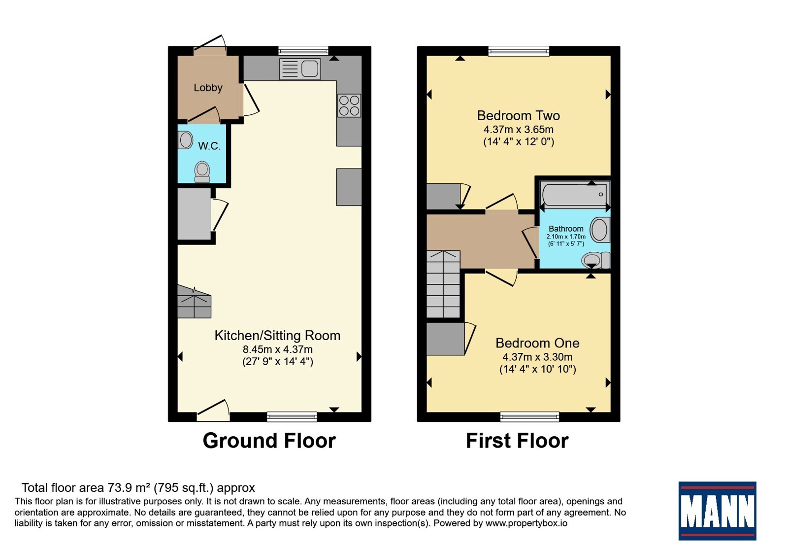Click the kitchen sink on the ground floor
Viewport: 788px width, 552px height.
(x=300, y=69)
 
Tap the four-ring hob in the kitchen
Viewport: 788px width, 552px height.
(x=349, y=105)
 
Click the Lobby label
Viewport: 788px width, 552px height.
(x=208, y=88)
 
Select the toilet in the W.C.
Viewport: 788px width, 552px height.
(x=202, y=172)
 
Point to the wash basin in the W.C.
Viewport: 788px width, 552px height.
(x=185, y=140)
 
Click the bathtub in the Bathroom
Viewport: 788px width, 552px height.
(x=575, y=194)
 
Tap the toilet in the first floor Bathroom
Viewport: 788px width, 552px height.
(x=595, y=261)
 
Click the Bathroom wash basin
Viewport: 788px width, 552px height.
(x=600, y=230)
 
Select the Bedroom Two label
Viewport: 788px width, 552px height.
(x=518, y=115)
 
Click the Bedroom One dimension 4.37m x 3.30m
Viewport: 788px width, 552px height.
(x=537, y=357)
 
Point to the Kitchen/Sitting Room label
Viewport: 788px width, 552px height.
(x=277, y=336)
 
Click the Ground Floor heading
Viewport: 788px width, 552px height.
(x=269, y=441)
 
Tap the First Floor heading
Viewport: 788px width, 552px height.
(x=517, y=441)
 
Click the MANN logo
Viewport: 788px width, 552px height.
(x=717, y=511)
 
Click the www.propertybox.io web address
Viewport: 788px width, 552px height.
(x=526, y=523)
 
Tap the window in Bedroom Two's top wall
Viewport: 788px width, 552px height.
(x=519, y=51)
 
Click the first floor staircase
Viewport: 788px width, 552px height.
(x=443, y=284)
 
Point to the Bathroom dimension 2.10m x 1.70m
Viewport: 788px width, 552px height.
(x=566, y=237)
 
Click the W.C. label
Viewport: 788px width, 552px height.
(x=209, y=146)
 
